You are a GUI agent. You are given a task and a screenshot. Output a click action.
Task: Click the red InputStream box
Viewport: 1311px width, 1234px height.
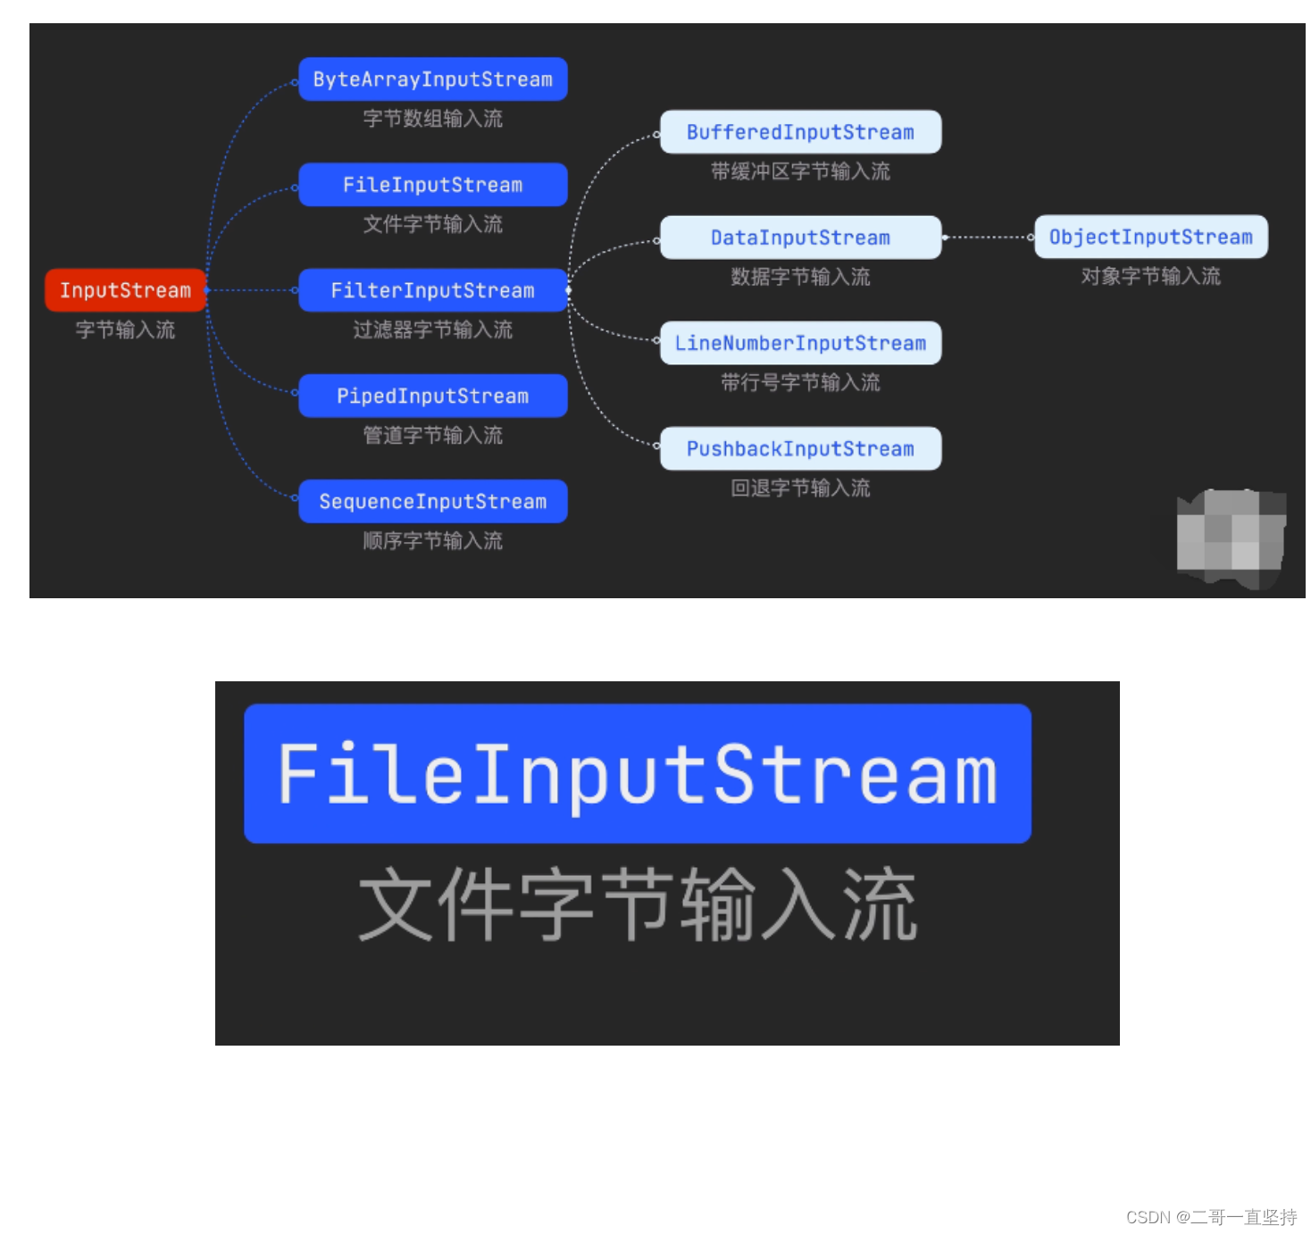pyautogui.click(x=125, y=290)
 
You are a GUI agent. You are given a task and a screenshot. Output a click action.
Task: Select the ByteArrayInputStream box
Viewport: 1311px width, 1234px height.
pyautogui.click(x=432, y=79)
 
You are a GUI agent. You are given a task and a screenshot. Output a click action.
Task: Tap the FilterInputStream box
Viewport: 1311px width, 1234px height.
pyautogui.click(x=432, y=290)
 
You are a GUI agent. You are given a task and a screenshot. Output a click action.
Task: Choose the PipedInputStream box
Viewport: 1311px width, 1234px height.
pyautogui.click(x=432, y=396)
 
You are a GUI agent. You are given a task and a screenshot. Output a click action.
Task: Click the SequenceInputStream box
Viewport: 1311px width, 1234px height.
pyautogui.click(x=432, y=501)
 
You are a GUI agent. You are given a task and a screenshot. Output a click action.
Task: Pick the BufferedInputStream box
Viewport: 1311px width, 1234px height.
pyautogui.click(x=800, y=132)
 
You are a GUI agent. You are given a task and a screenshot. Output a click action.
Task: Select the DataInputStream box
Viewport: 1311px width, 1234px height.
pyautogui.click(x=800, y=238)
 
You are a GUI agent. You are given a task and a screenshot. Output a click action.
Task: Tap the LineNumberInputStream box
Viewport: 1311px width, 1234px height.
pyautogui.click(x=800, y=343)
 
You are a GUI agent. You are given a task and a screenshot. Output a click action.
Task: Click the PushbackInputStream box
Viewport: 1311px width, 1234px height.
pyautogui.click(x=800, y=448)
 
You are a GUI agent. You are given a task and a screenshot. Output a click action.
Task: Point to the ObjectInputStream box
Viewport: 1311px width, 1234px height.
pyautogui.click(x=1150, y=237)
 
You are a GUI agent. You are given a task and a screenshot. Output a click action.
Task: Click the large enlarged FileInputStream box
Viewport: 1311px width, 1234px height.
pyautogui.click(x=638, y=773)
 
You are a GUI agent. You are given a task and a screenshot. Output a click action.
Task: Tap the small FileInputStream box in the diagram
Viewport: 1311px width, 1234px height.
pyautogui.click(x=432, y=185)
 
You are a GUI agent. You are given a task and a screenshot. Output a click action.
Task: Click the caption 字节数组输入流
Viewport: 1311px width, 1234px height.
pyautogui.click(x=432, y=119)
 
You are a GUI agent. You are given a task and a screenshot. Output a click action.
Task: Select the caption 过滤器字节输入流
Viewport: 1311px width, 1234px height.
pyautogui.click(x=432, y=329)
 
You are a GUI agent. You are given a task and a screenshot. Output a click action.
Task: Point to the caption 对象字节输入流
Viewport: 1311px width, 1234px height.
pyautogui.click(x=1150, y=276)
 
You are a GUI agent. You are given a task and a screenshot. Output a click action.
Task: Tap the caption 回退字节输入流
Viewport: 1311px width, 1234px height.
pyautogui.click(x=800, y=488)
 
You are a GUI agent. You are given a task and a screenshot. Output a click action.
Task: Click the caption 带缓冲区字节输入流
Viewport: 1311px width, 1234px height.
pyautogui.click(x=800, y=171)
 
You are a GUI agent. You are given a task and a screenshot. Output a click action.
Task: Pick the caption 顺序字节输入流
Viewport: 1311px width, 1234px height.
pyautogui.click(x=432, y=540)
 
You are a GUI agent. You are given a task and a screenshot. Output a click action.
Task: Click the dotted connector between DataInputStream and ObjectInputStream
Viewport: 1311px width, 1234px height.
pyautogui.click(x=988, y=238)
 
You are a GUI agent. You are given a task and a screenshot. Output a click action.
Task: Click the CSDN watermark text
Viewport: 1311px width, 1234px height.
pyautogui.click(x=1211, y=1217)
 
